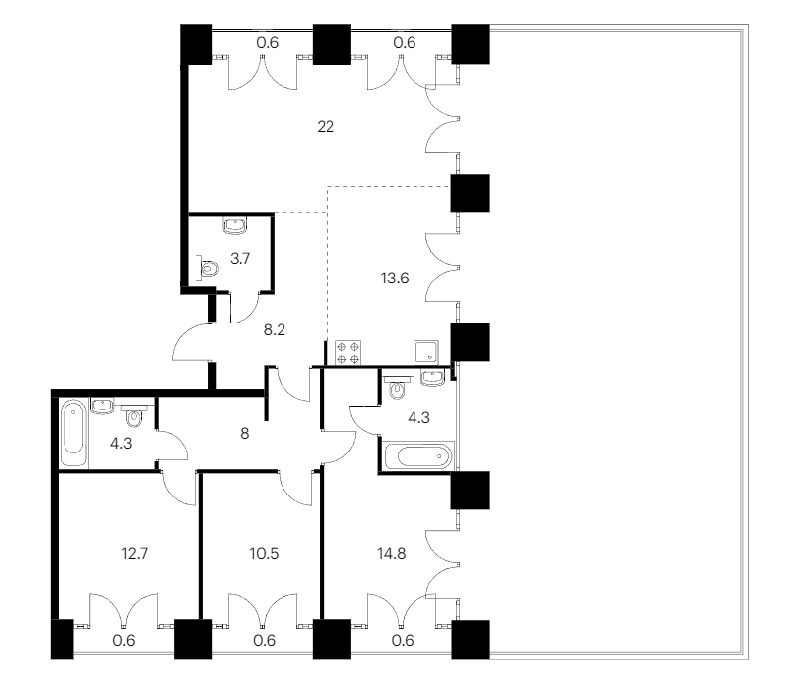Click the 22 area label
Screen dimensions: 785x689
[326, 127]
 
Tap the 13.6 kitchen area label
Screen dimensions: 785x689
[395, 278]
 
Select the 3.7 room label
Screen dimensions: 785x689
[240, 259]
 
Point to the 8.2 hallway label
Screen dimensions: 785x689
[275, 329]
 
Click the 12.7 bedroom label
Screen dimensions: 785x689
[135, 554]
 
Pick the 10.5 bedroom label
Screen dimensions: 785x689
[264, 554]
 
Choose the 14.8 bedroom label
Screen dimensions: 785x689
[391, 554]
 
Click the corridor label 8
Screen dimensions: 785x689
[244, 433]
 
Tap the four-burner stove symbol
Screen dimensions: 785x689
[348, 352]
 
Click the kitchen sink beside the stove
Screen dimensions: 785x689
[426, 352]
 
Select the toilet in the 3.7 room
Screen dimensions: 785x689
[209, 269]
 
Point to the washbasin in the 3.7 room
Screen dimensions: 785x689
[236, 226]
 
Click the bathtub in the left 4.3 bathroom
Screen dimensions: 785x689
[73, 433]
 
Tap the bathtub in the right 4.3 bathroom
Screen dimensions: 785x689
[418, 456]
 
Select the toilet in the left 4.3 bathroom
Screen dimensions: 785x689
[134, 415]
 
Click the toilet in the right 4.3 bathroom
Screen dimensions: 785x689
[397, 387]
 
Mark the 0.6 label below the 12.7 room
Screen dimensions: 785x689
[123, 640]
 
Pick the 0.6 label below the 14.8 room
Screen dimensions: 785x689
[403, 640]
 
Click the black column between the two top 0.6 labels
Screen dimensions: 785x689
[331, 45]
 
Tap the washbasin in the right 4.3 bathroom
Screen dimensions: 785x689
[432, 378]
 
